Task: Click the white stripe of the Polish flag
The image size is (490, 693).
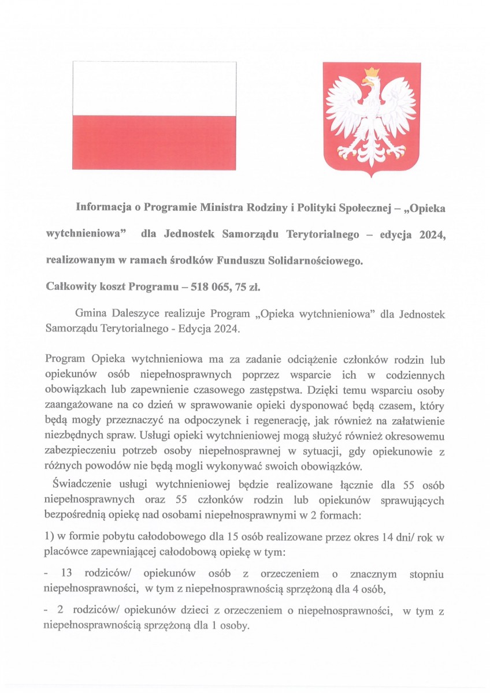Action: point(154,88)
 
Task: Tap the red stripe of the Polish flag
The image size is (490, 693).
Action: point(154,142)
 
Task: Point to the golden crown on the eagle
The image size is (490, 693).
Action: point(372,72)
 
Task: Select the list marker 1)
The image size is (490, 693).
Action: point(49,538)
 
